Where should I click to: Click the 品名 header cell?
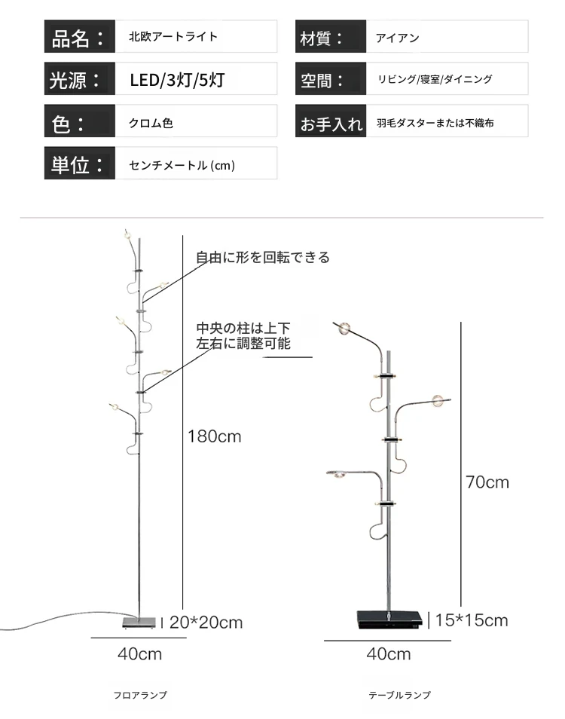(x=79, y=36)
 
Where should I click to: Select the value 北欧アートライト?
(x=173, y=37)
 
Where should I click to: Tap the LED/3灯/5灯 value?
(x=177, y=80)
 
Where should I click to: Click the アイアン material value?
(x=397, y=38)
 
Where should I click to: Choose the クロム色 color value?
(x=151, y=123)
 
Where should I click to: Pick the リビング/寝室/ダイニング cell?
(x=435, y=79)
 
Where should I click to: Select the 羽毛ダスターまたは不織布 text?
(x=435, y=123)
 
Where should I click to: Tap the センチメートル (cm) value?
(x=182, y=165)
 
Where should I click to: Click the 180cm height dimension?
(x=215, y=436)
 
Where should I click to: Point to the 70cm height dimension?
(x=487, y=482)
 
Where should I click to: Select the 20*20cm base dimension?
(x=206, y=623)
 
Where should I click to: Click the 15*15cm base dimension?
(x=472, y=620)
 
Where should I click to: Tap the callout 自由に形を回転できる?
(x=263, y=257)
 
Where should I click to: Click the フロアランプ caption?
(x=140, y=695)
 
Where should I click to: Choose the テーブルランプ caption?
(x=399, y=695)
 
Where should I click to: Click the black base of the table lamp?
(x=389, y=620)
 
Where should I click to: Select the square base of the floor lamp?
(x=139, y=623)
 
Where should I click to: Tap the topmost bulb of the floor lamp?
(x=127, y=236)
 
